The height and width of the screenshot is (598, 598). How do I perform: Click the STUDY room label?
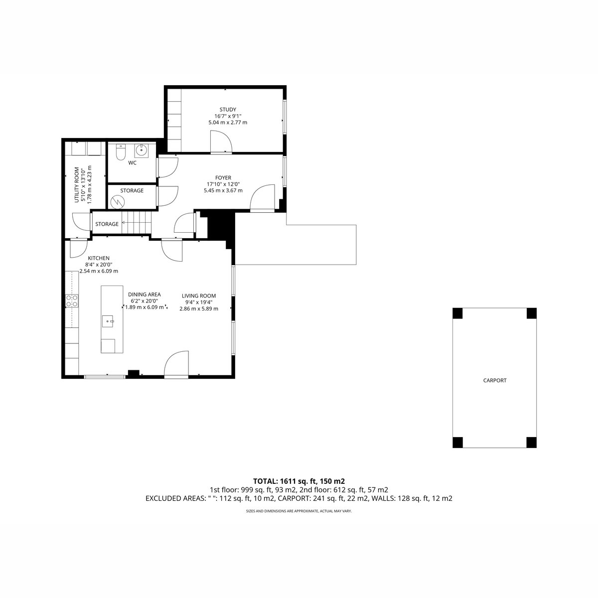(228, 110)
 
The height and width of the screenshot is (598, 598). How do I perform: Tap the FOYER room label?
(223, 178)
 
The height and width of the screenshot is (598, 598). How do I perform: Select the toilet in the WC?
(120, 152)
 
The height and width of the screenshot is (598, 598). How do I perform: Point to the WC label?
(132, 163)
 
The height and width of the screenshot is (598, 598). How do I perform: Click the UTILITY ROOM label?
(77, 185)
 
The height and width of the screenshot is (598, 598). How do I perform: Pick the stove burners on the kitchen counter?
(72, 301)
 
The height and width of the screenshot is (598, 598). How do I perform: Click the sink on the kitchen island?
(108, 321)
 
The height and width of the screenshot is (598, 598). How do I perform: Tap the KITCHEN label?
(99, 258)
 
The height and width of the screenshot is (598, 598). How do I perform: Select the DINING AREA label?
(145, 295)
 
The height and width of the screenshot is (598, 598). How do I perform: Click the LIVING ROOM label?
(199, 296)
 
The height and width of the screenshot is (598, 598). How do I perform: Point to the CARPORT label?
(495, 380)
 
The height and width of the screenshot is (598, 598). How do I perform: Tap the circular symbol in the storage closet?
(117, 202)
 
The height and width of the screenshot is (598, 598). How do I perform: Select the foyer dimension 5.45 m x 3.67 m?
(223, 190)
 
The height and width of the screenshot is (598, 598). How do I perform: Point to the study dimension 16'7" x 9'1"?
(228, 116)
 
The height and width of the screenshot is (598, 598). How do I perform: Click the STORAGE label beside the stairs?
(107, 224)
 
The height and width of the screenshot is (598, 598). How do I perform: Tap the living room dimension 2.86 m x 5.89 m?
(199, 309)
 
